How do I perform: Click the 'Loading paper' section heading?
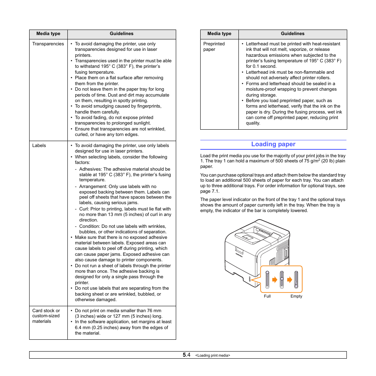tap(273, 144)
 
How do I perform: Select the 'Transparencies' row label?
tap(48, 44)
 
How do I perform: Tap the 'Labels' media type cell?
tap(39, 145)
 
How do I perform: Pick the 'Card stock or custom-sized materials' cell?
tap(46, 316)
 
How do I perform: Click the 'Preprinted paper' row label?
tap(214, 47)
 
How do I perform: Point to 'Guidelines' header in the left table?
tap(121, 34)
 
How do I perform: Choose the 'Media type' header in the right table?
tap(219, 34)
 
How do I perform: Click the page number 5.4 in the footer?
tap(186, 355)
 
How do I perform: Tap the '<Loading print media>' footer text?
tap(212, 356)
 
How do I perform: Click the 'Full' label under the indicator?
tap(267, 296)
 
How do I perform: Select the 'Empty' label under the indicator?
tap(296, 296)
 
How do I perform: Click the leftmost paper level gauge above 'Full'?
tap(267, 280)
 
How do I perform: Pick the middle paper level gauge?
tap(282, 280)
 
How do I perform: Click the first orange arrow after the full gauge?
tap(275, 280)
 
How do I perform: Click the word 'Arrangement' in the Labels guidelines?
tap(93, 186)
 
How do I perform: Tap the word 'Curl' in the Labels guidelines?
tap(84, 209)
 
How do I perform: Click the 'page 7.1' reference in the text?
tap(209, 191)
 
